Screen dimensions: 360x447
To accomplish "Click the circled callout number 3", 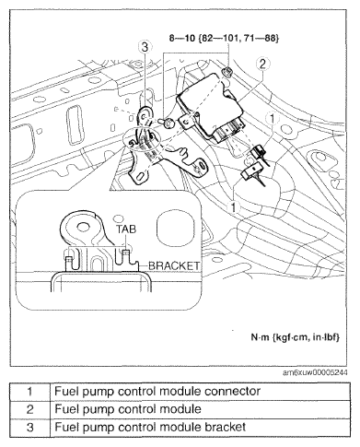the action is pyautogui.click(x=145, y=47).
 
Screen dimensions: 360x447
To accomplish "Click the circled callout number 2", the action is pyautogui.click(x=262, y=64).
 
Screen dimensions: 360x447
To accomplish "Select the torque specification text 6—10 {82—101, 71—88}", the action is pyautogui.click(x=224, y=39).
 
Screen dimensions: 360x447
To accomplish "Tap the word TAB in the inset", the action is pyautogui.click(x=126, y=229).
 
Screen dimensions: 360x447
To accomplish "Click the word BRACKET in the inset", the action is pyautogui.click(x=174, y=265).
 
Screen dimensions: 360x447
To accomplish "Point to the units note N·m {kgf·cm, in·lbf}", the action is pyautogui.click(x=296, y=337).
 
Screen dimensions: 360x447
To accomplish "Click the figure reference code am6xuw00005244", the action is pyautogui.click(x=315, y=372).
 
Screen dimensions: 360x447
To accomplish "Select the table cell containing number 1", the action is pyautogui.click(x=29, y=392).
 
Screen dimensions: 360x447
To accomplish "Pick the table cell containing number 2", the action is pyautogui.click(x=29, y=409).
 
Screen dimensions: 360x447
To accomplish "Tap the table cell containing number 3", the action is pyautogui.click(x=29, y=427).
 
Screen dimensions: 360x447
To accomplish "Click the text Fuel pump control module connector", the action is pyautogui.click(x=157, y=392).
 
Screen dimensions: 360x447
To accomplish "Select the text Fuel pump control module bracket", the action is pyautogui.click(x=150, y=427).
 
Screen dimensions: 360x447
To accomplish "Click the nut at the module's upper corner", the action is pyautogui.click(x=226, y=72).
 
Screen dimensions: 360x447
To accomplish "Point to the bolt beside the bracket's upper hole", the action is pyautogui.click(x=168, y=124).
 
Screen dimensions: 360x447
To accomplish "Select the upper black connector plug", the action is pyautogui.click(x=257, y=151).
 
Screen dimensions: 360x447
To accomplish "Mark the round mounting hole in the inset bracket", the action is pyautogui.click(x=82, y=228).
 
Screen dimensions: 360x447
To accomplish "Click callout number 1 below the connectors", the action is pyautogui.click(x=234, y=207).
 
